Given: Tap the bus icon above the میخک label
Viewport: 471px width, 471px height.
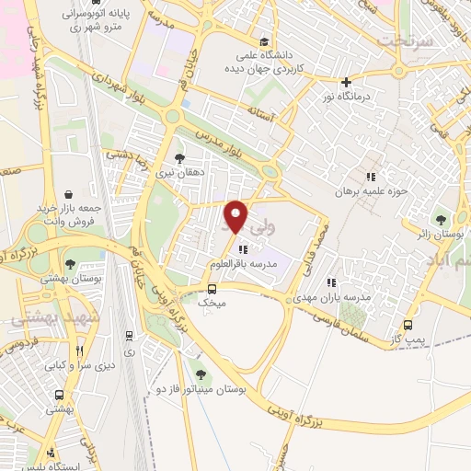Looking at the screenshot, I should coord(213,288).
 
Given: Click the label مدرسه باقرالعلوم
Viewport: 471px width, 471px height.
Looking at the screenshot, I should coord(242,264).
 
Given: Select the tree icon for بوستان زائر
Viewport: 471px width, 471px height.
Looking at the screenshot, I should coord(442,219).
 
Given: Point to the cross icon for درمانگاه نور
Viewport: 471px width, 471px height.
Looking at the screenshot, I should coord(347,82).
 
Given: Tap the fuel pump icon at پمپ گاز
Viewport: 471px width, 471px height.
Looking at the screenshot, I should coord(408,325).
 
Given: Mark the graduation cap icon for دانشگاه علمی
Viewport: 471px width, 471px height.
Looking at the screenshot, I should coord(265,41).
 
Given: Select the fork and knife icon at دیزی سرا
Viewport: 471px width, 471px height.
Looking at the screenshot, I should coord(80,351).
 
